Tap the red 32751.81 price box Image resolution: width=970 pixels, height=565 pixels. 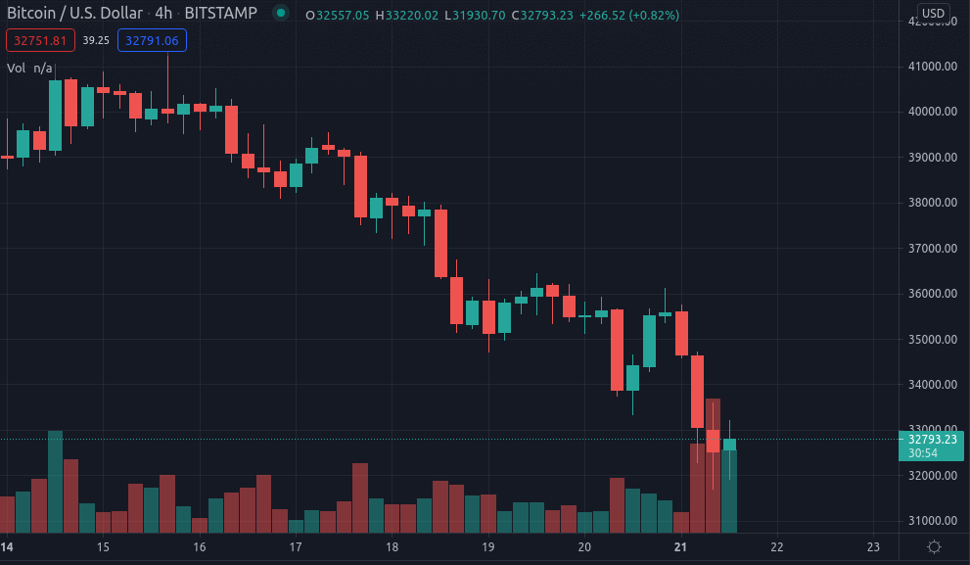(40, 40)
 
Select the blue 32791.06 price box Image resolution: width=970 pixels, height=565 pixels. (152, 40)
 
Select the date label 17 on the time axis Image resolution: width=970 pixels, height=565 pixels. (296, 546)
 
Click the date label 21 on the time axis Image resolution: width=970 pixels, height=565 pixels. (681, 546)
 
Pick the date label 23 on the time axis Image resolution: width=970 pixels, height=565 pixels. (874, 546)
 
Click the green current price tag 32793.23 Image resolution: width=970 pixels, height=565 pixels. (931, 440)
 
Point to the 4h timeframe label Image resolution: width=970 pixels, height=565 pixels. (163, 15)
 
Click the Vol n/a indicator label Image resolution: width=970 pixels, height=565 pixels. (29, 68)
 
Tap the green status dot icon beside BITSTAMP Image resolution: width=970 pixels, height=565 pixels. (281, 15)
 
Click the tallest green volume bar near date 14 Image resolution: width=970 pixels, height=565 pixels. (55, 481)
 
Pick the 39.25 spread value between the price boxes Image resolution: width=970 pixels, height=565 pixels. (96, 40)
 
